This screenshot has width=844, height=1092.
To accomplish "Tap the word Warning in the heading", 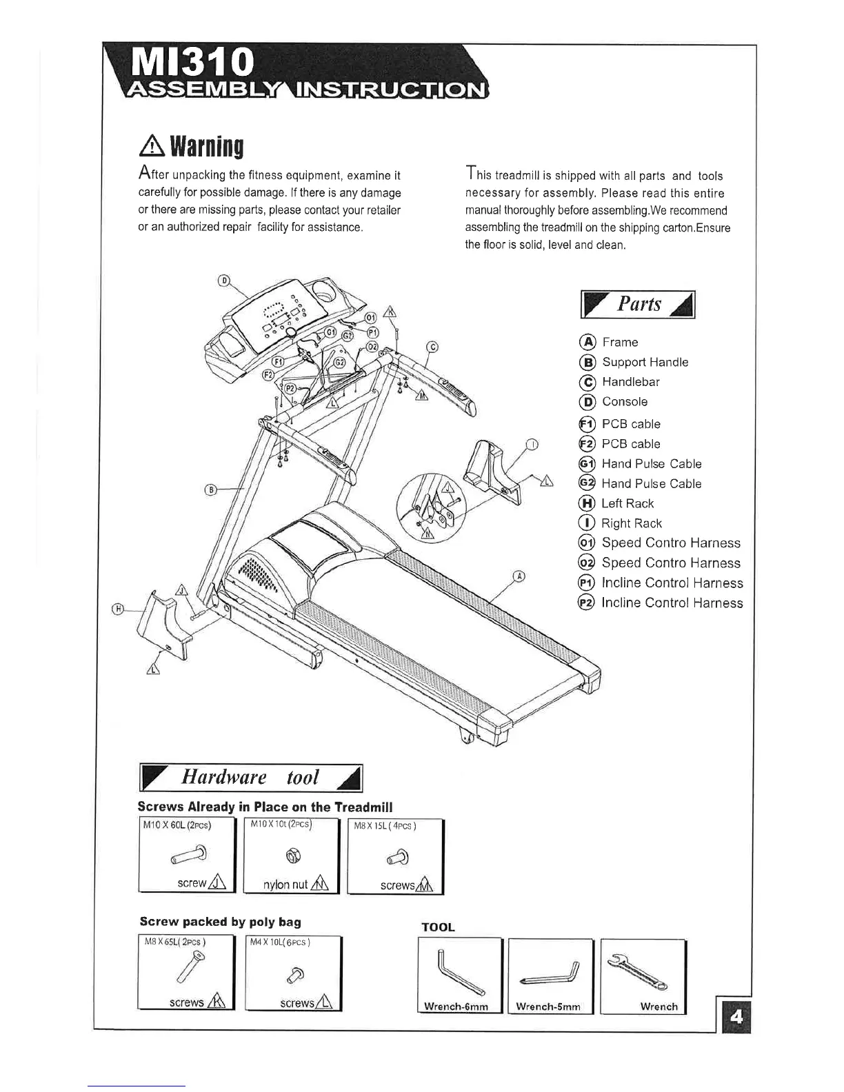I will click(207, 146).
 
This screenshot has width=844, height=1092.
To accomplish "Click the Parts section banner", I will click(639, 304).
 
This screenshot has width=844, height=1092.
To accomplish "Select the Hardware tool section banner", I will click(251, 778).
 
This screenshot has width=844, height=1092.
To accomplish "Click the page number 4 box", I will click(736, 1018).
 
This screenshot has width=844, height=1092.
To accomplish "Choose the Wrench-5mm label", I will click(548, 1007).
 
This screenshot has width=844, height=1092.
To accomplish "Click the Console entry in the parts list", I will click(624, 402).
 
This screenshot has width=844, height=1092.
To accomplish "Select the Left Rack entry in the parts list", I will click(627, 504).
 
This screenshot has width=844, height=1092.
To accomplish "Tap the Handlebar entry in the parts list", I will click(630, 382).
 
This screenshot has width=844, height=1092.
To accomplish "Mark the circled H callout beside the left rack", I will click(119, 608).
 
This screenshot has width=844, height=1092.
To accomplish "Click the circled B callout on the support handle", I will click(212, 490).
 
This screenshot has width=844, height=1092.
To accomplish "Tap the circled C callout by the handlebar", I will click(432, 347).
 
